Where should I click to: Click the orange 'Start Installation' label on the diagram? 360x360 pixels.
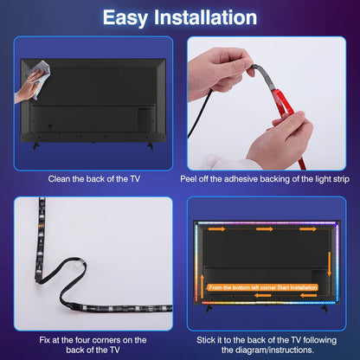[x=263, y=286]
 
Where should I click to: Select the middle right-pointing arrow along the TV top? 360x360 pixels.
[x=264, y=230]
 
